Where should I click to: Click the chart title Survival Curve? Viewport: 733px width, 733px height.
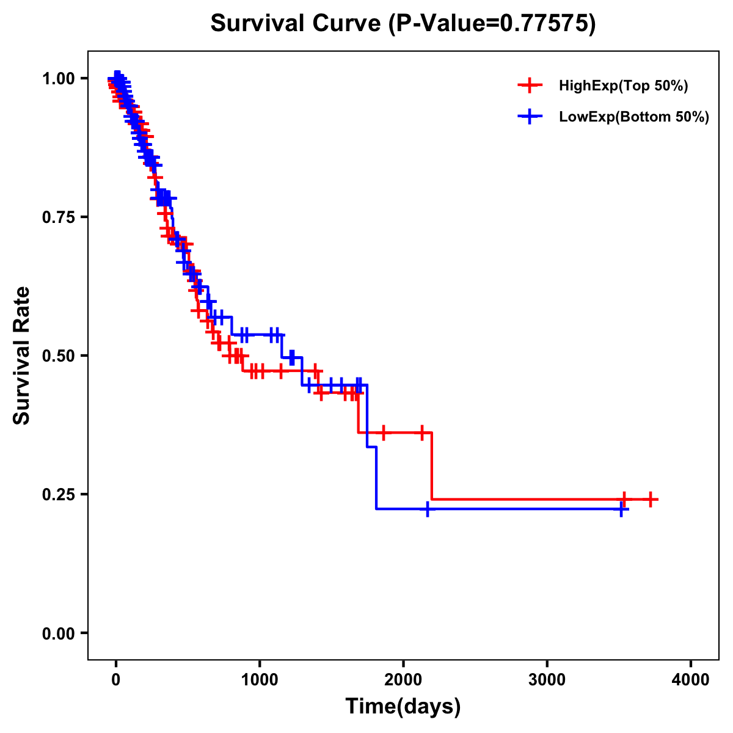[297, 24]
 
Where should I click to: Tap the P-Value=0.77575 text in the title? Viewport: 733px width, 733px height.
[493, 24]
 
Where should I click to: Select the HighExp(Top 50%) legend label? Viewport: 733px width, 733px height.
[623, 86]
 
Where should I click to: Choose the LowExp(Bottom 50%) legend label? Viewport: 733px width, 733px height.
[634, 117]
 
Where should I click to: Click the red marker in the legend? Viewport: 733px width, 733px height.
[530, 86]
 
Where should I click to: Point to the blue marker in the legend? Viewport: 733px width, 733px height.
[530, 117]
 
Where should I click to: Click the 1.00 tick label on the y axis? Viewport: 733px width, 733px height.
[58, 79]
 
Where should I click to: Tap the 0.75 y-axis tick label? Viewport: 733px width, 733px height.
[58, 217]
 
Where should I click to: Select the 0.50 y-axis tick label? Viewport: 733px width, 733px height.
[58, 356]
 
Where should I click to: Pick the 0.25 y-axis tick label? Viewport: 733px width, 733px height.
[58, 494]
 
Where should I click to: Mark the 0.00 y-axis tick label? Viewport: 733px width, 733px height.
[58, 633]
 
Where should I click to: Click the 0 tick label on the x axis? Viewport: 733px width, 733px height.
[116, 679]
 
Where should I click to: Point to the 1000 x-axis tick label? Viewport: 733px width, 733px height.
[260, 679]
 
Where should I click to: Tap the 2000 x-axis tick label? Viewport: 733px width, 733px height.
[403, 679]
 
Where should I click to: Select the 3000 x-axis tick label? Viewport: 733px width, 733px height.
[547, 679]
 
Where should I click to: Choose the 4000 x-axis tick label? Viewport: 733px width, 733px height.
[691, 679]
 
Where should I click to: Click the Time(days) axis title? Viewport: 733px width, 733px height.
[403, 707]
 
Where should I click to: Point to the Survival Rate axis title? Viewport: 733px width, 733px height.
[22, 356]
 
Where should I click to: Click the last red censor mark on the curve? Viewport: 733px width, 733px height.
[651, 500]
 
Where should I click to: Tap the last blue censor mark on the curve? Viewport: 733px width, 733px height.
[621, 509]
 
